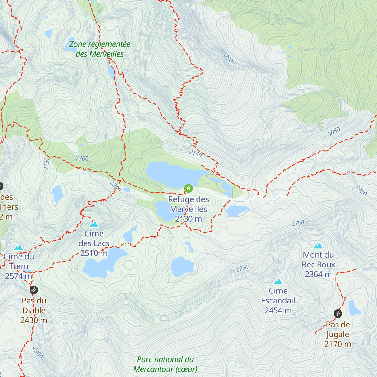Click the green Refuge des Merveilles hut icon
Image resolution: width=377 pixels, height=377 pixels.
click(188, 188)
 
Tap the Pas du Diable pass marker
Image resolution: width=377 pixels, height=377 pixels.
click(34, 290)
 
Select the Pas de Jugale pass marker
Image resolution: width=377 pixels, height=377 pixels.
click(338, 314)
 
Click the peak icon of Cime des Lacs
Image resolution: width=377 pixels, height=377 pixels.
click(94, 224)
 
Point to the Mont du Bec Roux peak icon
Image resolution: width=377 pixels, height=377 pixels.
click(318, 245)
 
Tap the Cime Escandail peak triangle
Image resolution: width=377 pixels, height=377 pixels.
click(278, 281)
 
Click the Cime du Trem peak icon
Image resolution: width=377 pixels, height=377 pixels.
click(19, 247)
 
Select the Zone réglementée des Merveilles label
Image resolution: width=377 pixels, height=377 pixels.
click(100, 49)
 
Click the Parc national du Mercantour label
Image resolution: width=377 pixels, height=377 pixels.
click(165, 364)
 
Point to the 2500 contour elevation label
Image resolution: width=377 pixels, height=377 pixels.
click(230, 59)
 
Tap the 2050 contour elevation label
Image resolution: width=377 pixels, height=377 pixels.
click(334, 132)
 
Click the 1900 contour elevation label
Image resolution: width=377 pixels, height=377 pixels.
click(361, 190)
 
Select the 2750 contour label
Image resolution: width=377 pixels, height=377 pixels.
click(298, 223)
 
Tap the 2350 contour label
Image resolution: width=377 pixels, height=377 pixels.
click(46, 164)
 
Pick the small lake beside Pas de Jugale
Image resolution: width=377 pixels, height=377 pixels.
click(354, 309)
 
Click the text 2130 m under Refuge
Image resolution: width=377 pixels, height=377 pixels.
click(188, 219)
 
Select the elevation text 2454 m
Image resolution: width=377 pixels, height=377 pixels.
click(278, 310)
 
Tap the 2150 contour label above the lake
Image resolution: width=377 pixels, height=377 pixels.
click(195, 154)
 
